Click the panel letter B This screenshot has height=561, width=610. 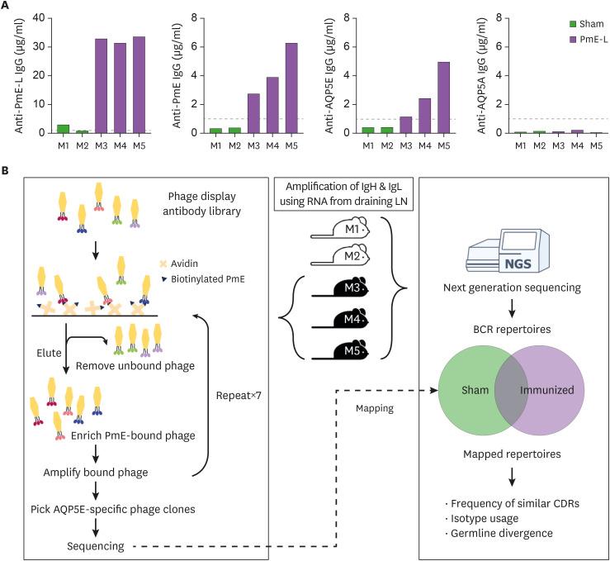[7, 171]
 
